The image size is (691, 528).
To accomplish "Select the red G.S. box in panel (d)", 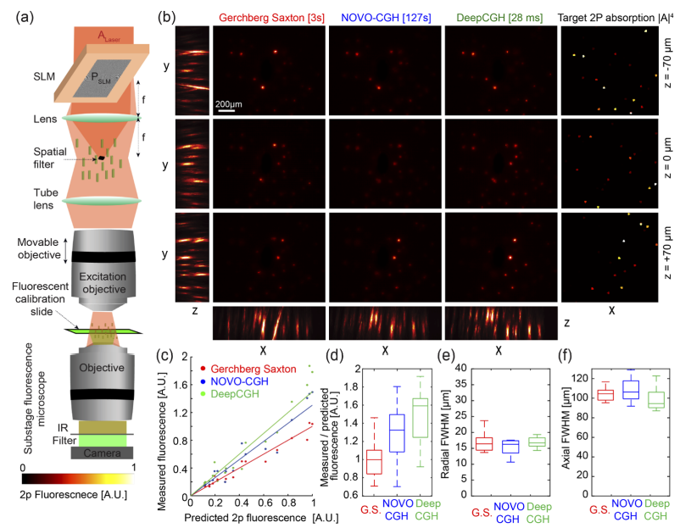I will pyautogui.click(x=350, y=462).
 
